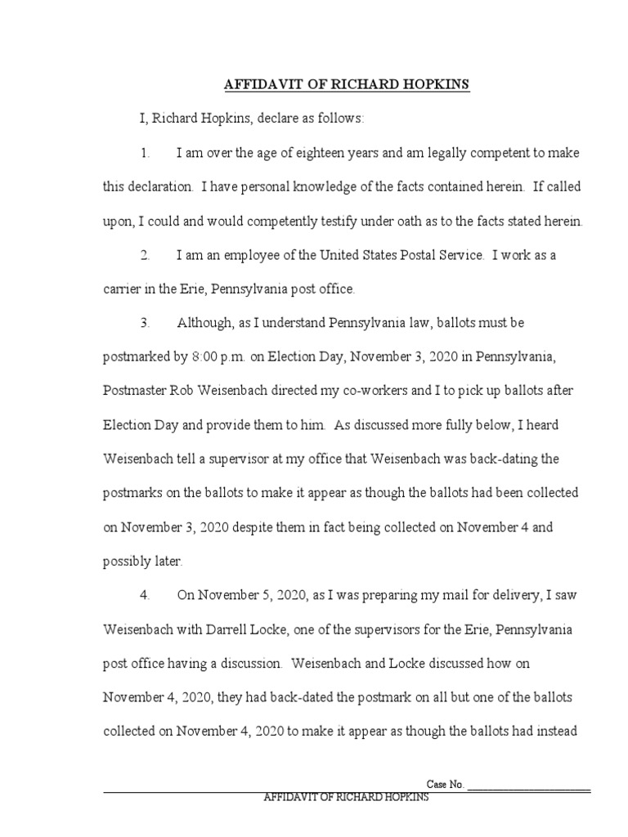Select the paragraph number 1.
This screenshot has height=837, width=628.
pos(146,153)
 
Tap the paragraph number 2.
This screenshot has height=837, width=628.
pos(146,255)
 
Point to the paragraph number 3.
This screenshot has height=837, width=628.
pos(146,323)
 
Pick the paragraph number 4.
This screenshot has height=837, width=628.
pos(146,595)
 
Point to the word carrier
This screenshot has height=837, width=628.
pos(123,289)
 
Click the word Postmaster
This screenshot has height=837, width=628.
pos(139,391)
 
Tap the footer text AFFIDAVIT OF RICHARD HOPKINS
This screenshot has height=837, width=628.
pos(346,798)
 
